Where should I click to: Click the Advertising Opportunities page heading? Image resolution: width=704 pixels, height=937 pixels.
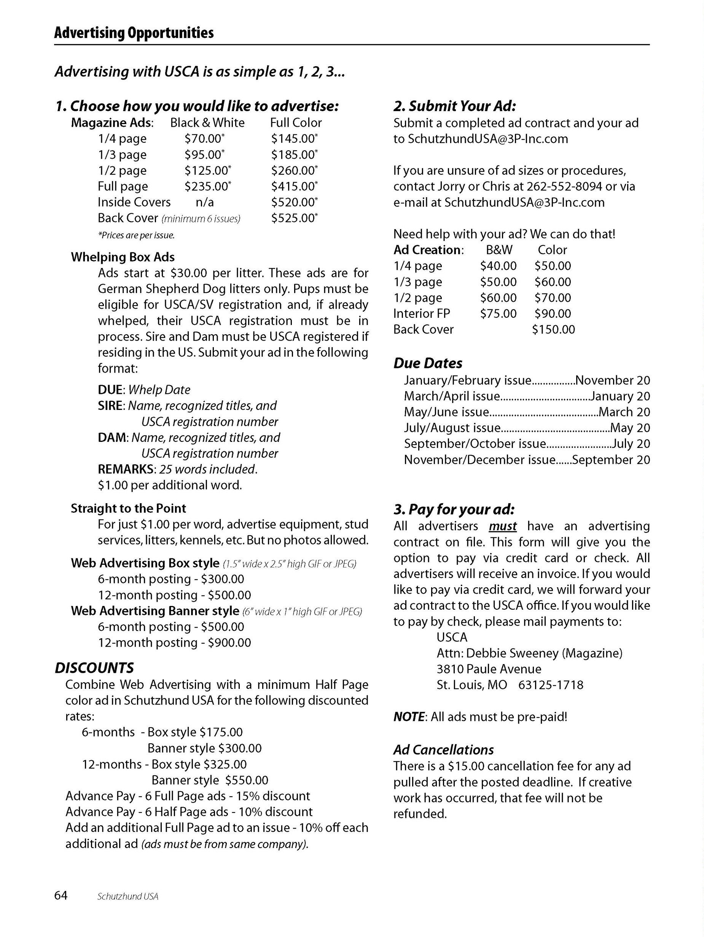134,33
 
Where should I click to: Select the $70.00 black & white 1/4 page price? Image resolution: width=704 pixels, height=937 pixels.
203,139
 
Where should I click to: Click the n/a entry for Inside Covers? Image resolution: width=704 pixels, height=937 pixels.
205,202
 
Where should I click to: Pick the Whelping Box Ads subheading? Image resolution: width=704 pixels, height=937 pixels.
123,257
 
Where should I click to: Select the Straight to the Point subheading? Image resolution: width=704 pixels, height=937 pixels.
128,508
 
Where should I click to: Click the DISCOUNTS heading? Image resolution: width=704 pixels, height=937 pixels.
94,668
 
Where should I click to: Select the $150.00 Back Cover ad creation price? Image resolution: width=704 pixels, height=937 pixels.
553,330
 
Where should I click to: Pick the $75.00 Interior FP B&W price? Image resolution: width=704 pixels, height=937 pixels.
498,314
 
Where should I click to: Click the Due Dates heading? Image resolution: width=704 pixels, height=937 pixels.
428,363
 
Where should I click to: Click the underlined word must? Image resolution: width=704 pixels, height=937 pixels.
502,526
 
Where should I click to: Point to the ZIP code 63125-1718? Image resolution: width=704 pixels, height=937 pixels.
551,685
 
